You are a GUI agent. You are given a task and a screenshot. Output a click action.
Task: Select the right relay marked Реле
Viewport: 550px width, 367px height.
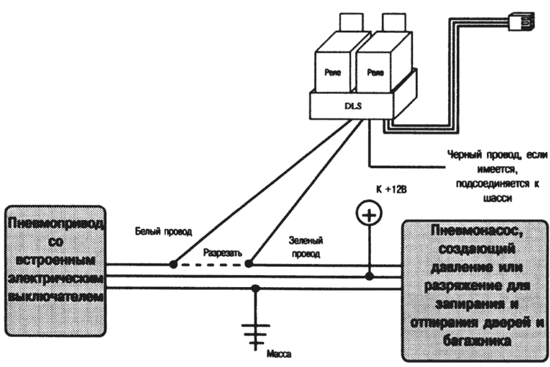tap(375, 73)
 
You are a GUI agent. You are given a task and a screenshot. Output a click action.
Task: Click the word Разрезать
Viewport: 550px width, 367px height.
tap(222, 251)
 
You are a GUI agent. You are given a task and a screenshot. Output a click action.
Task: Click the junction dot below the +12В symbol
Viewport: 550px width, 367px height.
tap(367, 277)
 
